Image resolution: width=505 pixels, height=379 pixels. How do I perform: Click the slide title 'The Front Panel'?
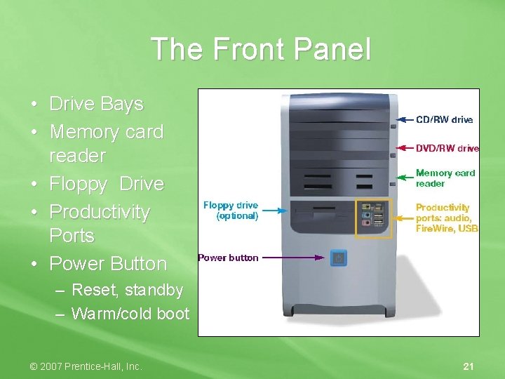(x=260, y=50)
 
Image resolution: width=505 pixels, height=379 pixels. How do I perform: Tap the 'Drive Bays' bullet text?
(x=96, y=104)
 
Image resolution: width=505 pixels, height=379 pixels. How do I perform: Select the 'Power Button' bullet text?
(x=108, y=264)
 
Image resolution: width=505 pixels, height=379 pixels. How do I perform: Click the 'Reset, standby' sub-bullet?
(x=127, y=290)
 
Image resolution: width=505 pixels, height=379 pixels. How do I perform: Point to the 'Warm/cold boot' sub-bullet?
(x=130, y=313)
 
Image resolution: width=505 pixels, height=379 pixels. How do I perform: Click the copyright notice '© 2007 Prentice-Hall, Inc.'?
(x=86, y=366)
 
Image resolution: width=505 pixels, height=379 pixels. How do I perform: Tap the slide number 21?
(x=469, y=366)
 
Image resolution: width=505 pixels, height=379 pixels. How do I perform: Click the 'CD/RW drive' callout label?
(x=445, y=120)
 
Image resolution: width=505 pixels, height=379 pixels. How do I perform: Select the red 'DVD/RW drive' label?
(x=447, y=148)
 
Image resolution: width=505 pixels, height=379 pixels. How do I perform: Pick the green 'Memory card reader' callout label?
(x=445, y=178)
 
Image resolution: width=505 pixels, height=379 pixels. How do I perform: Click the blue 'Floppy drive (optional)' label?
(x=231, y=211)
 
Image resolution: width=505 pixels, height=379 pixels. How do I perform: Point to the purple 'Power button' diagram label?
(x=228, y=258)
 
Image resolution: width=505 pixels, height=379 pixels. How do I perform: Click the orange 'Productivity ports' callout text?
(x=447, y=218)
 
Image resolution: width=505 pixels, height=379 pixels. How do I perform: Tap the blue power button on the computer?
(x=338, y=258)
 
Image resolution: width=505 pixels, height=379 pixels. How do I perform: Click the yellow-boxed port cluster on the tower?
(x=373, y=218)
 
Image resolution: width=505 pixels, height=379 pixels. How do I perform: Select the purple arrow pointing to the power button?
(x=295, y=258)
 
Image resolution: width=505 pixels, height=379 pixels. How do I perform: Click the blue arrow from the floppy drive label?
(x=278, y=208)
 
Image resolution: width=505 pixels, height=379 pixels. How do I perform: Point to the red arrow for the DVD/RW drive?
(x=406, y=148)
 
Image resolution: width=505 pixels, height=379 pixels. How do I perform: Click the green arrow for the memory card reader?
(x=406, y=176)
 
